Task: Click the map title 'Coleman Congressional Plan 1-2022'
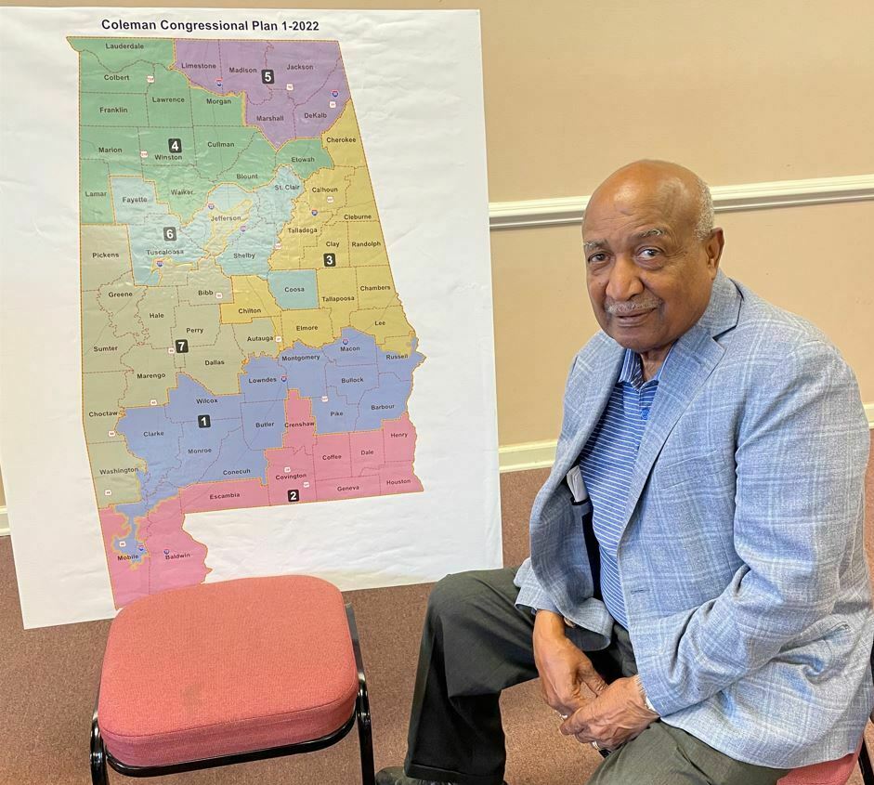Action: coord(210,25)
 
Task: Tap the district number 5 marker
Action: coord(267,76)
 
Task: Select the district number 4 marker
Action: coord(175,145)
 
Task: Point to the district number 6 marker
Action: coord(170,233)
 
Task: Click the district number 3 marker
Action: coord(330,259)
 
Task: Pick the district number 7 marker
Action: coord(181,346)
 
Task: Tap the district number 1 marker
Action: coord(203,421)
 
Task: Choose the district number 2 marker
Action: coord(294,495)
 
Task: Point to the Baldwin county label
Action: coord(176,556)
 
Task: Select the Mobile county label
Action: coord(128,556)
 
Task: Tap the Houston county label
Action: coord(398,481)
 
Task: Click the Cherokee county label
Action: coord(341,139)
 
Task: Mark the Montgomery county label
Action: coord(300,357)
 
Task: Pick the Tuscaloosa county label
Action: coord(164,252)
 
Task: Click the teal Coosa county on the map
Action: coord(294,289)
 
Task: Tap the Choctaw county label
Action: coord(104,411)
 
